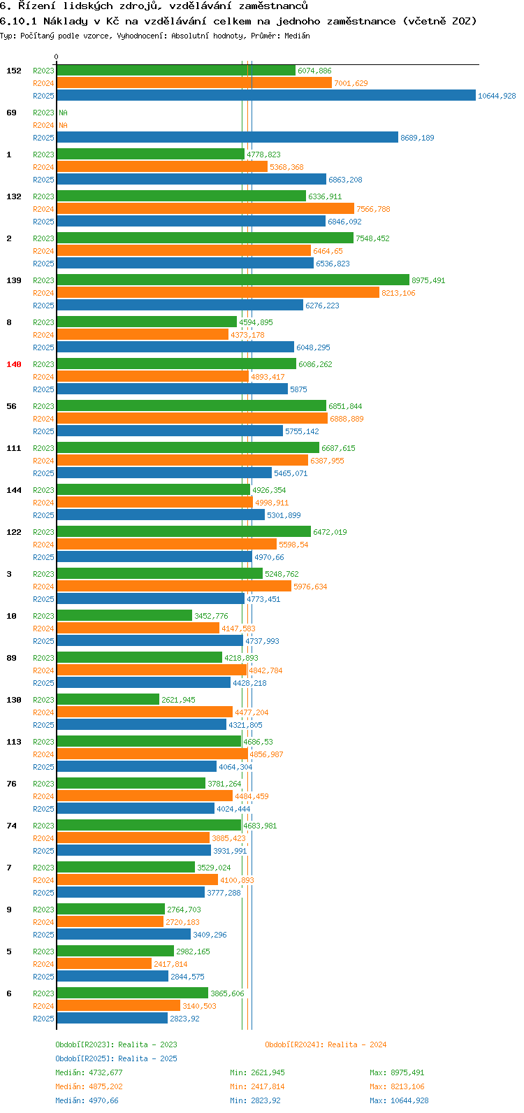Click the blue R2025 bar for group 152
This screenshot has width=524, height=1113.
pyautogui.click(x=265, y=96)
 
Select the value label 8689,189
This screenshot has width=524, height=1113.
pyautogui.click(x=417, y=138)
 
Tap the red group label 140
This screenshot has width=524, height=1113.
pyautogui.click(x=14, y=364)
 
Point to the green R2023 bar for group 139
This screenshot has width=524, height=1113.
pyautogui.click(x=233, y=280)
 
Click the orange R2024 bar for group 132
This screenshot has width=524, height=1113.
pyautogui.click(x=205, y=209)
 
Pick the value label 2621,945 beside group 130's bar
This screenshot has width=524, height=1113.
pyautogui.click(x=178, y=700)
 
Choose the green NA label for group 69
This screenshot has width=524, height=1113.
pyautogui.click(x=63, y=113)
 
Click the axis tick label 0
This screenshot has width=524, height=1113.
pyautogui.click(x=57, y=57)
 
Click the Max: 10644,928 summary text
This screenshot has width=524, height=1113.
pyautogui.click(x=399, y=1100)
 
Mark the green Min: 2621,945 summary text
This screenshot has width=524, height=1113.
pyautogui.click(x=257, y=1072)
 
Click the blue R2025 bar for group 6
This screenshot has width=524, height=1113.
pyautogui.click(x=112, y=1019)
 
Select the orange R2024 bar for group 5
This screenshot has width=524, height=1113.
pyautogui.click(x=104, y=964)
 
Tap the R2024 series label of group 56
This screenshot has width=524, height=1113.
pyautogui.click(x=43, y=419)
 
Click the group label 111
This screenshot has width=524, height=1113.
pyautogui.click(x=14, y=448)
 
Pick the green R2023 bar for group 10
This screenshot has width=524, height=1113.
pyautogui.click(x=124, y=616)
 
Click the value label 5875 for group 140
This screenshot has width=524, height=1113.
pyautogui.click(x=298, y=389)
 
